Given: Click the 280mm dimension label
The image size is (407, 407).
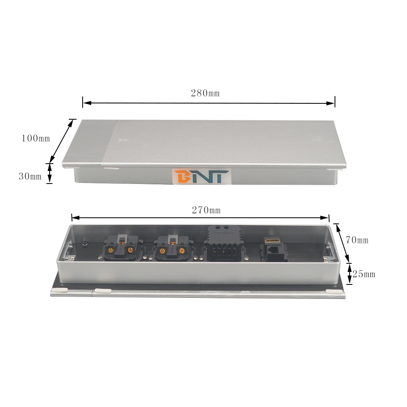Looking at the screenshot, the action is coord(205,93).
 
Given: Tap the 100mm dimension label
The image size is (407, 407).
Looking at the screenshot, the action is coord(35,138).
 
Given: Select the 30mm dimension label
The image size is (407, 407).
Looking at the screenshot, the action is coord(30,177).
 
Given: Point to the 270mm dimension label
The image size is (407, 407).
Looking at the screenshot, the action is coord(206,210).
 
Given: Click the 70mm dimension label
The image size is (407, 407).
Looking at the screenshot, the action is coord(357,240).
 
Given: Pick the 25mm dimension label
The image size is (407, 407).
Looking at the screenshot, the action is coord(363,274).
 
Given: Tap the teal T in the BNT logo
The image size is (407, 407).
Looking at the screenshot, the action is coord(219,177).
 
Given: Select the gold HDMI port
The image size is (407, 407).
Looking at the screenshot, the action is coord(272,241).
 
